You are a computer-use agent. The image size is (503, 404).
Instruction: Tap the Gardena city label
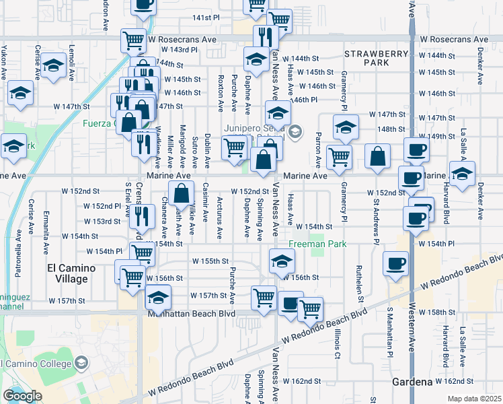tap(412, 382)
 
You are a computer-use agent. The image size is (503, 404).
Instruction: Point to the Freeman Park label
tap(318, 244)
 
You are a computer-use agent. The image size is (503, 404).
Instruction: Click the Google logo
tap(22, 395)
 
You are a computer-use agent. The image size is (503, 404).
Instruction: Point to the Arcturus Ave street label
tap(221, 218)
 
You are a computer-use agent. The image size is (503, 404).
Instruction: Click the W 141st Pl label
tap(206, 17)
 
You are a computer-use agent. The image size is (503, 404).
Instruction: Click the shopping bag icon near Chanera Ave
tap(182, 194)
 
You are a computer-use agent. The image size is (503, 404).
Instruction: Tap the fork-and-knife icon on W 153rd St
tap(141, 215)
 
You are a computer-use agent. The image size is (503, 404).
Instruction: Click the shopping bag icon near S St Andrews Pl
tap(378, 156)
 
